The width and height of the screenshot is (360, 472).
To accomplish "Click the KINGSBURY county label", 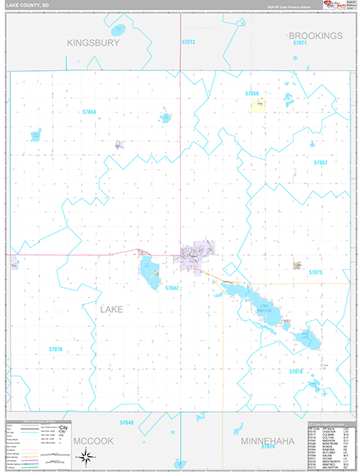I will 93,43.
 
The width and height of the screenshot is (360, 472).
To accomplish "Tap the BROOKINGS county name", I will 316,36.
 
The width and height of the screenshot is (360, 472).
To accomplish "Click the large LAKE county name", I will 112,309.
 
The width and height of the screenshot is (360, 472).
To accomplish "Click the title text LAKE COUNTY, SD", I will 31,6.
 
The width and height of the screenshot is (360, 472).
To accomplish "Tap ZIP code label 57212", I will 188,41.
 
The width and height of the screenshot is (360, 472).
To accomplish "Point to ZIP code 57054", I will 89,112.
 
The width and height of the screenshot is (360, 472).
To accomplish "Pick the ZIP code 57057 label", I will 320,162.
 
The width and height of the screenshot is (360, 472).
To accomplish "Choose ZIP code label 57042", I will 172,289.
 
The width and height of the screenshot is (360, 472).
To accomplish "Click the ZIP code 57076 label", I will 55,348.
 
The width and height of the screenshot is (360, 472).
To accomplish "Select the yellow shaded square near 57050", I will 257,105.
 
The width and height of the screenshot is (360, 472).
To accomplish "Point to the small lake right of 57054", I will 165,118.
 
